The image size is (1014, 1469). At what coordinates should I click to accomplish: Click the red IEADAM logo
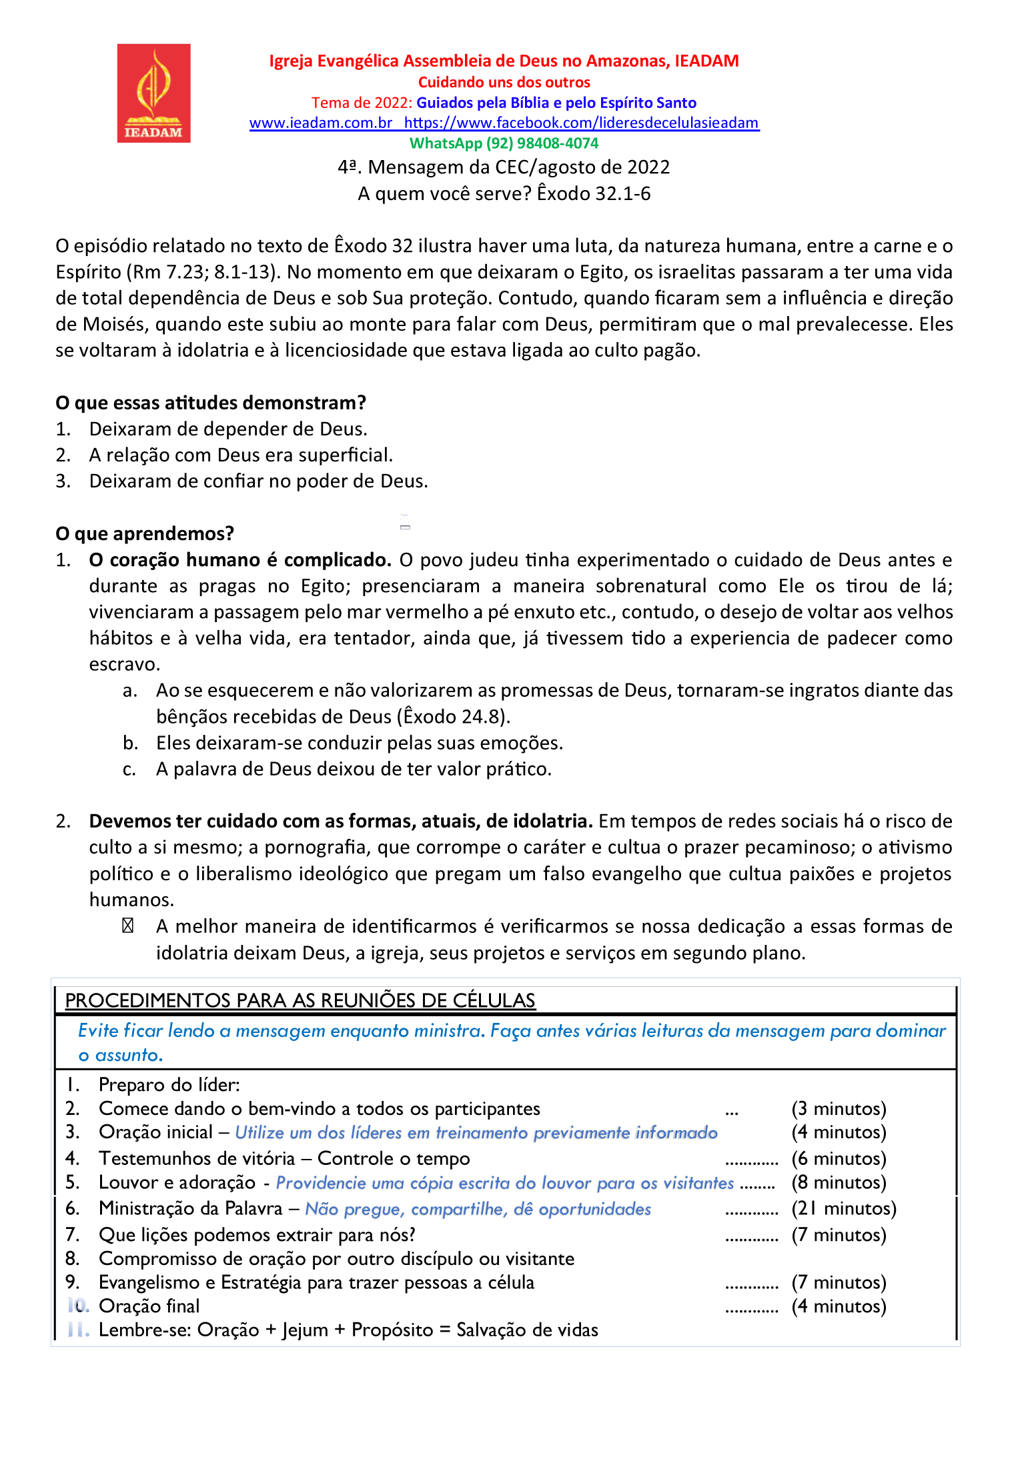click(153, 93)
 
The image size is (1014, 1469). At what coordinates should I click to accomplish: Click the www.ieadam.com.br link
click(320, 123)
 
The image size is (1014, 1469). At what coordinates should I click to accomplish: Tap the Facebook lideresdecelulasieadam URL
click(581, 123)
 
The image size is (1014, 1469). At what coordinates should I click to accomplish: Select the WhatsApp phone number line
click(504, 143)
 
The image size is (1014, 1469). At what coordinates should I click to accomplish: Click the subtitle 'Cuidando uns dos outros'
click(504, 82)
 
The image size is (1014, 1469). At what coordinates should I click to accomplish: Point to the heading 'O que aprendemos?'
click(145, 533)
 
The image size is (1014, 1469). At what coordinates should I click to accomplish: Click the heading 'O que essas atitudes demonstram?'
click(211, 403)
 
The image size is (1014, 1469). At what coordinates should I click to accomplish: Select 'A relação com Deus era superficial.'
click(241, 455)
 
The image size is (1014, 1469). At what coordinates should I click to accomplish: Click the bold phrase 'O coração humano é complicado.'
click(240, 560)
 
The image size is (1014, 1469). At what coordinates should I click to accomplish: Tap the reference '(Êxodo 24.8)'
click(454, 717)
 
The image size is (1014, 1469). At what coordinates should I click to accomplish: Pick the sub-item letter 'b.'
click(130, 743)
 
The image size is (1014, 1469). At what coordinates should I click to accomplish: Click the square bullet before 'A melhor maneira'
click(127, 926)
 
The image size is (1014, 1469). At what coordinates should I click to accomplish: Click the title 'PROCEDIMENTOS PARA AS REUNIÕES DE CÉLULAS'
click(300, 1000)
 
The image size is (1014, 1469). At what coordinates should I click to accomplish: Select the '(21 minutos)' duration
click(844, 1208)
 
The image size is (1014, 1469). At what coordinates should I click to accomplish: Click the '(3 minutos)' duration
click(839, 1108)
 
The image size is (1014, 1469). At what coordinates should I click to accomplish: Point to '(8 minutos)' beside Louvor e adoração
click(839, 1182)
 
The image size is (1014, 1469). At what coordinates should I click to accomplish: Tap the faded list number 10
click(78, 1306)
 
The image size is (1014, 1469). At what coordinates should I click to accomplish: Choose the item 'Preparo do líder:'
click(169, 1085)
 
